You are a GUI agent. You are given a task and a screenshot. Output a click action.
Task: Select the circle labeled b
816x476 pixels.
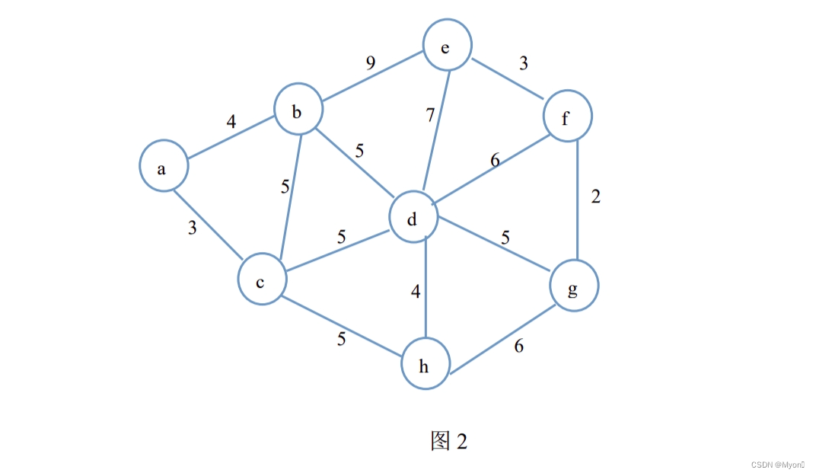coord(298,113)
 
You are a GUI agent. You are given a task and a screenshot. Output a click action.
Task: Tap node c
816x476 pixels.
coord(261,282)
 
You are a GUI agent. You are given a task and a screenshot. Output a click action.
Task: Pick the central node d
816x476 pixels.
coord(413,219)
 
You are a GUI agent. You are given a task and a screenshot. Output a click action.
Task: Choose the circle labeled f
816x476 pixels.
coord(567,117)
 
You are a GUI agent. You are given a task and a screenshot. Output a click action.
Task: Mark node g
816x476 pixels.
coord(574,287)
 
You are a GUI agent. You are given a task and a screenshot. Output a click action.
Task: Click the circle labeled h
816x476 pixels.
coord(426,366)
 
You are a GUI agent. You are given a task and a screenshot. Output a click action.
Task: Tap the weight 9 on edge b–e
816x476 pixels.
coord(371,62)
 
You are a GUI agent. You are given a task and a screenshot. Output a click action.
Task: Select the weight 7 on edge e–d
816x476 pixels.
coord(430,116)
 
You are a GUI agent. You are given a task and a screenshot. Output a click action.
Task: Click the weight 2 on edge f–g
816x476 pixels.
coord(595,196)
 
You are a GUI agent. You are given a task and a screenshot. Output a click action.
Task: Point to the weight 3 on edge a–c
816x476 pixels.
coord(193,227)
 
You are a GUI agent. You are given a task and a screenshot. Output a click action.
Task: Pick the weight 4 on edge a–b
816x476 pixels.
coord(231,121)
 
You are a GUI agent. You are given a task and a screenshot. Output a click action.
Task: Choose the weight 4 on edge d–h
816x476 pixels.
coord(415,291)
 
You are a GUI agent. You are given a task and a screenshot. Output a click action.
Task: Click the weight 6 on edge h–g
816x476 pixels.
coord(518,346)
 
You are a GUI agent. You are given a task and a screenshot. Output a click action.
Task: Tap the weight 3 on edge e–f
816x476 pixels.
coord(523,63)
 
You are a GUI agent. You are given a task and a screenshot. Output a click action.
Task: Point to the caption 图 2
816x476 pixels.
coord(448,440)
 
